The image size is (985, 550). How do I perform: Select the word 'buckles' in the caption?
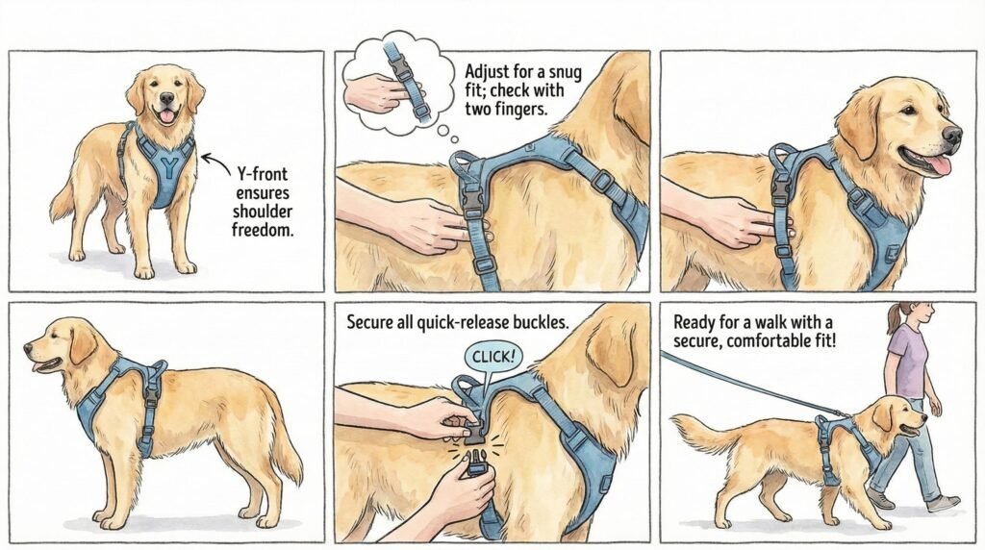tap(535, 323)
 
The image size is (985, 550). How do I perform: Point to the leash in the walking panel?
tap(741, 385)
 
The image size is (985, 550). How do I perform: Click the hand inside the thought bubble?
tap(377, 93)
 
